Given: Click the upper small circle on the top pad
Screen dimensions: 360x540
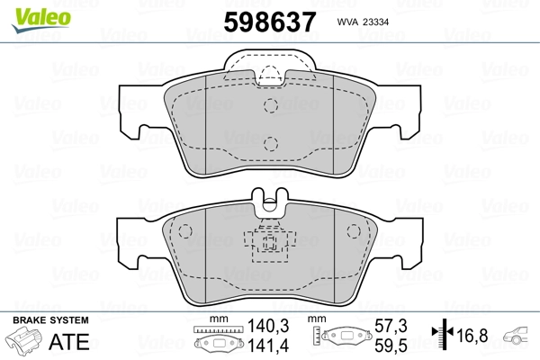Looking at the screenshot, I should [270, 105].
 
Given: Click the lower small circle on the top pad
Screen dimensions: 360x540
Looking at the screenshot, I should [270, 142].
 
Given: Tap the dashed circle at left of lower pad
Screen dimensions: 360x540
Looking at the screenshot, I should [185, 230].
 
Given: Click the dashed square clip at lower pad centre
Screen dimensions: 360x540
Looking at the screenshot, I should [268, 243].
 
